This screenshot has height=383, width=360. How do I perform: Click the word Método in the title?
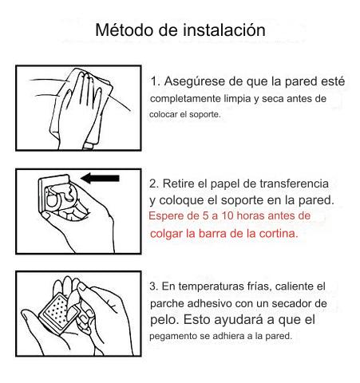tap(125, 30)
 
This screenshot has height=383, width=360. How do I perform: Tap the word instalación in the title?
tap(224, 30)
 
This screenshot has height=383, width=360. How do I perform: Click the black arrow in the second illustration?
tap(100, 178)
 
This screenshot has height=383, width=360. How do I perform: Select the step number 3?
tap(154, 286)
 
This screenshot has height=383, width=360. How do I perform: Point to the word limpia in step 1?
tap(237, 99)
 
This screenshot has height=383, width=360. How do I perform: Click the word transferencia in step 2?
tap(294, 184)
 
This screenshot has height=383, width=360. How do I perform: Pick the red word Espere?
tap(166, 215)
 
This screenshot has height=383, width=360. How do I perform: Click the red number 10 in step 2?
tap(227, 215)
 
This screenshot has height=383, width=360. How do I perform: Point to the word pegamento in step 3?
tap(173, 337)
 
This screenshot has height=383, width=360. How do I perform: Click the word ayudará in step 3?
tap(239, 320)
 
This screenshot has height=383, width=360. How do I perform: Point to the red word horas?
tap(251, 215)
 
